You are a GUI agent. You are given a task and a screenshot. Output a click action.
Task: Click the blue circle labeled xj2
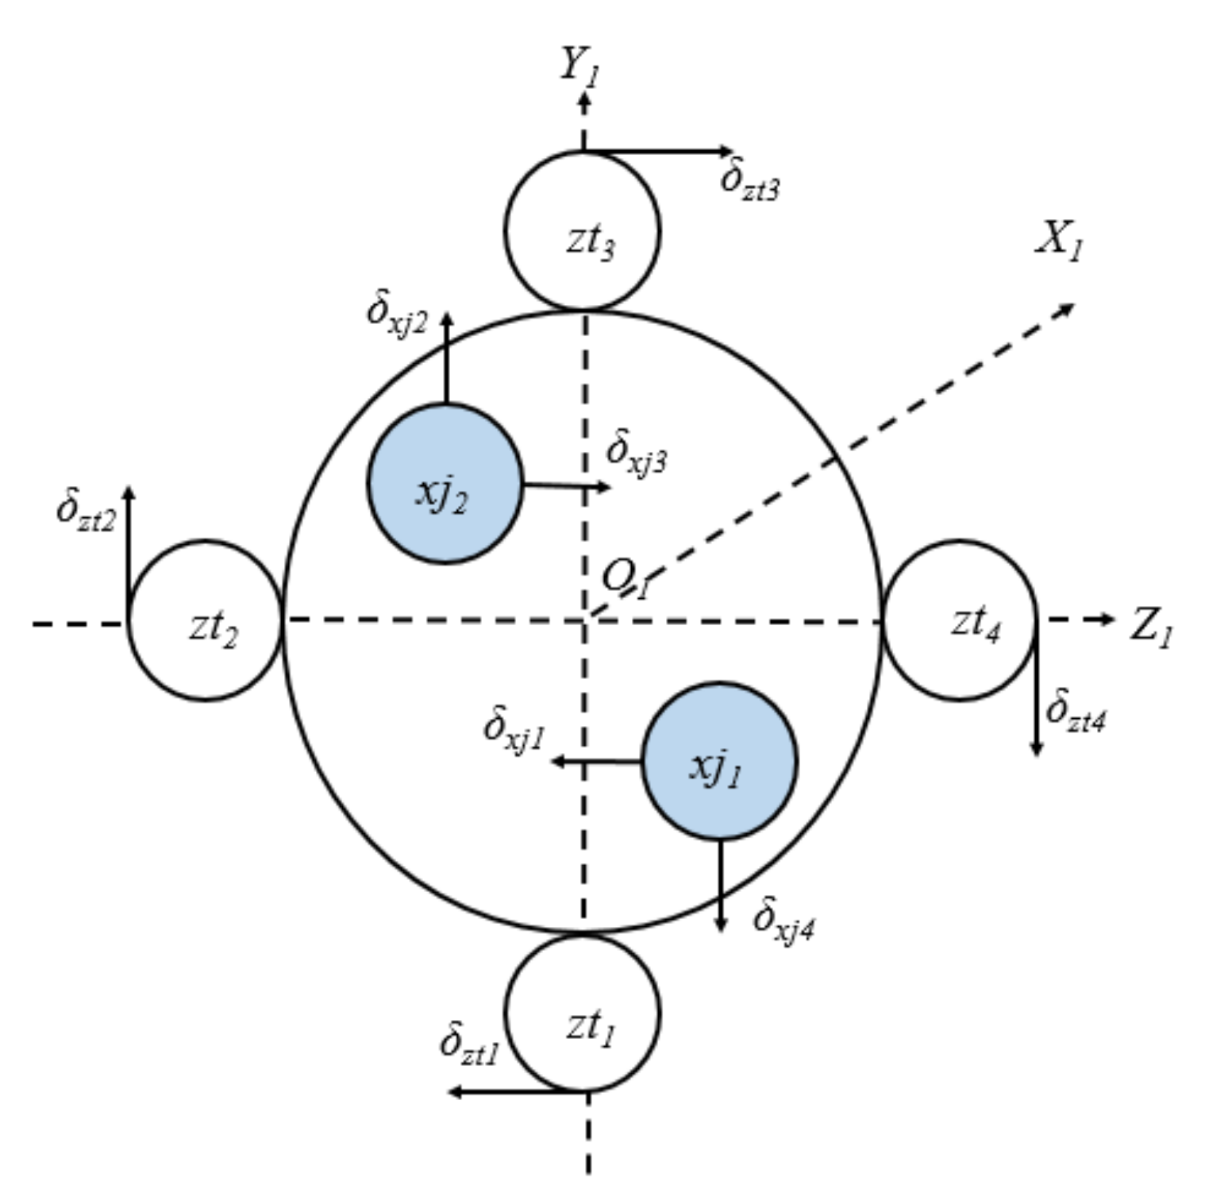pyautogui.click(x=445, y=484)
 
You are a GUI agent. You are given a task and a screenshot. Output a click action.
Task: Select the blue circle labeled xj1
pyautogui.click(x=718, y=761)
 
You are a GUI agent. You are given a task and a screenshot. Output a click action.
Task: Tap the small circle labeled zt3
pyautogui.click(x=583, y=230)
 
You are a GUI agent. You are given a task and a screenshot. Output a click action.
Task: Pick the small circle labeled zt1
pyautogui.click(x=583, y=1014)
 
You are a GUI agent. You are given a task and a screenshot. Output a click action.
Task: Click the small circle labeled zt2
pyautogui.click(x=206, y=620)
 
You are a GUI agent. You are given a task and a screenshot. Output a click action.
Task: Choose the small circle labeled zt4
pyautogui.click(x=959, y=620)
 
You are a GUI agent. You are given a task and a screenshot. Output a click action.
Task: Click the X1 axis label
pyautogui.click(x=1059, y=238)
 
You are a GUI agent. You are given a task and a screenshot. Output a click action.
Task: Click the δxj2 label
pyautogui.click(x=397, y=312)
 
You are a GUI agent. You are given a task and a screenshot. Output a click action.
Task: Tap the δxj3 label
pyautogui.click(x=636, y=454)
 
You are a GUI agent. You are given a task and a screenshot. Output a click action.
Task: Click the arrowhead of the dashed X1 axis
pyautogui.click(x=1067, y=307)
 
